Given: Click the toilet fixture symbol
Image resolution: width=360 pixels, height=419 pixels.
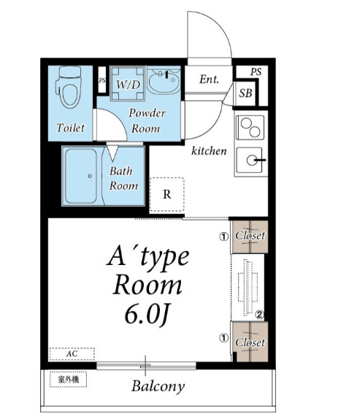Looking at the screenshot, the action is coord(69,87).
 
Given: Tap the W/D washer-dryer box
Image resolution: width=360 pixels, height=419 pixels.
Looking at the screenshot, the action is coord(128,83).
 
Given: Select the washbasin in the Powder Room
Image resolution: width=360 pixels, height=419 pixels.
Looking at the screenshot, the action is coord(164,81).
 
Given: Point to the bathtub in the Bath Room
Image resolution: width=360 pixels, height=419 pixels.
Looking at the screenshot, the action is coord(81,176).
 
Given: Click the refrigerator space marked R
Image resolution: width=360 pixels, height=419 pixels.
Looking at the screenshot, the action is coord(167,194).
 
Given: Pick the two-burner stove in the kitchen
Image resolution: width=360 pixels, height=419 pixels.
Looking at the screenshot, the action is coord(250,128).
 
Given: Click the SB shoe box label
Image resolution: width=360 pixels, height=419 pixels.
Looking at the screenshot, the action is coord(245,93).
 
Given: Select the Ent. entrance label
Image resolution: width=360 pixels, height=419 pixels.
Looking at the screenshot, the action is coord(209,79).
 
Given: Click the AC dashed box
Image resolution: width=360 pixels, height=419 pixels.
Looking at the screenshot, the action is coord(72,354).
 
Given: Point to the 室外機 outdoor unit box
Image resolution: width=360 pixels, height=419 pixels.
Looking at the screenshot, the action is coord(69,379).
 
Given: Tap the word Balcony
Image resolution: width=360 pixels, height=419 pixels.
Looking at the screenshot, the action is coord(158,386).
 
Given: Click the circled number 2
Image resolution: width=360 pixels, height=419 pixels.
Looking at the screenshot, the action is coord(259,315).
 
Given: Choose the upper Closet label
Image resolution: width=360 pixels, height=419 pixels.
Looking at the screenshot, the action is coord(250,236).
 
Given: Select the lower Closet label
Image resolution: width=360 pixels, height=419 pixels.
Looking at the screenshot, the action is coord(250,342).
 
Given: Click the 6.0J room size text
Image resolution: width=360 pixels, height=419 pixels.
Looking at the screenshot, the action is coord(147,315).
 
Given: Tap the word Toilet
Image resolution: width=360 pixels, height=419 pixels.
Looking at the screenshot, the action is coord(71,128).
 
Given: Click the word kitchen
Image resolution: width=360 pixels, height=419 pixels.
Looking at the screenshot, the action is coord(209,150).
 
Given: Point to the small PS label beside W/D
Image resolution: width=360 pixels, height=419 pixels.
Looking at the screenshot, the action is coord(102,80).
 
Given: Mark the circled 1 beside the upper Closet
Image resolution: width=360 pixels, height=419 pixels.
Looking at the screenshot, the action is coord(224,237).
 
